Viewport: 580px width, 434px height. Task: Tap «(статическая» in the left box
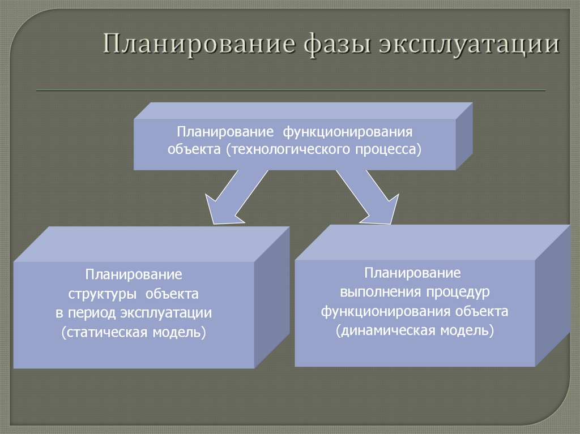[x=104, y=332]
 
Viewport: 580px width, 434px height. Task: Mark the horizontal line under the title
[x=290, y=90]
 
